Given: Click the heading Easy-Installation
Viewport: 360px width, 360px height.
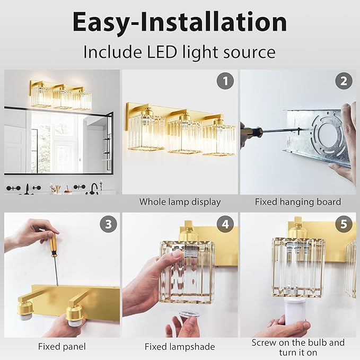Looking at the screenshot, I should click(180, 22).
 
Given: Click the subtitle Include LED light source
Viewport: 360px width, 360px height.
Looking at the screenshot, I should click(180, 52).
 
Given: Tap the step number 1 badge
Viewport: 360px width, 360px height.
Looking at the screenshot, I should click(225, 81).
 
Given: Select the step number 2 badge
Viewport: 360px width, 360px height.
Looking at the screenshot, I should click(343, 81).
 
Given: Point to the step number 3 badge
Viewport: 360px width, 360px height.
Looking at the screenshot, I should click(108, 224).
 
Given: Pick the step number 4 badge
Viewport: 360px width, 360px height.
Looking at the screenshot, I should click(225, 224).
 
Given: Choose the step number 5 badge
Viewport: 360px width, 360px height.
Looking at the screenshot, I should click(343, 224).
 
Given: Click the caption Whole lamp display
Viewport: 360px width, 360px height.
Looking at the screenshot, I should click(180, 202).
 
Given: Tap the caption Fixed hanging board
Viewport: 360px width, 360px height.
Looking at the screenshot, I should click(297, 202).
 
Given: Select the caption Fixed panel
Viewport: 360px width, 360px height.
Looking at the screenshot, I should click(62, 347).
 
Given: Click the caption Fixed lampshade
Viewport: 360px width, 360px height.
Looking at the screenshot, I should click(180, 347).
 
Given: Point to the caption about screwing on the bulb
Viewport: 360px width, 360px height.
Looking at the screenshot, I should click(297, 347).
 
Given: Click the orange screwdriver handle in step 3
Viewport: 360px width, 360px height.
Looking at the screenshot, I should click(53, 243).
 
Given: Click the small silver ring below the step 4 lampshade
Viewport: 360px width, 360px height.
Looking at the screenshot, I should click(186, 314).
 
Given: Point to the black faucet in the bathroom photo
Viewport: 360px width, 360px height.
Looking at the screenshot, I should click(94, 188).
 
